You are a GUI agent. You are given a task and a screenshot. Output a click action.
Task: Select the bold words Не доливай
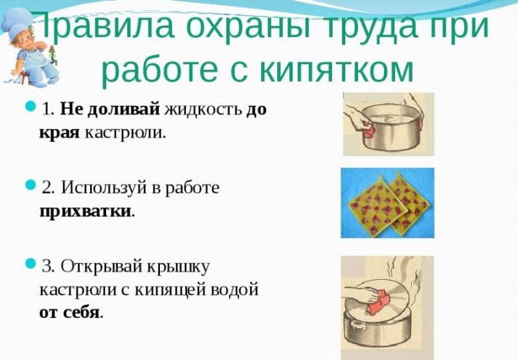pos(110,109)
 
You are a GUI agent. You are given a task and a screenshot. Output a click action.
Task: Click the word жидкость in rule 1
pos(203,109)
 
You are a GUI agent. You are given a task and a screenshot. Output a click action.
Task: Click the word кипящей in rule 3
pos(170,290)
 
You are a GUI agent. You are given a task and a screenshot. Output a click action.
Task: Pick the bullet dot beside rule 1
pos(30,106)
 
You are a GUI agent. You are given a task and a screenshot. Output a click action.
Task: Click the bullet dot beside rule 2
pos(30,185)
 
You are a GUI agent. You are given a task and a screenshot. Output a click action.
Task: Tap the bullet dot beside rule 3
pos(30,263)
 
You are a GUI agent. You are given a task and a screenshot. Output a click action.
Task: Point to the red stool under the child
pos(23,77)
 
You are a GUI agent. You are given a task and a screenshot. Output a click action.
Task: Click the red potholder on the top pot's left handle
pos(368,129)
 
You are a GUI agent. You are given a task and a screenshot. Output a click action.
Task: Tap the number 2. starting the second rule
pos(48,188)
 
